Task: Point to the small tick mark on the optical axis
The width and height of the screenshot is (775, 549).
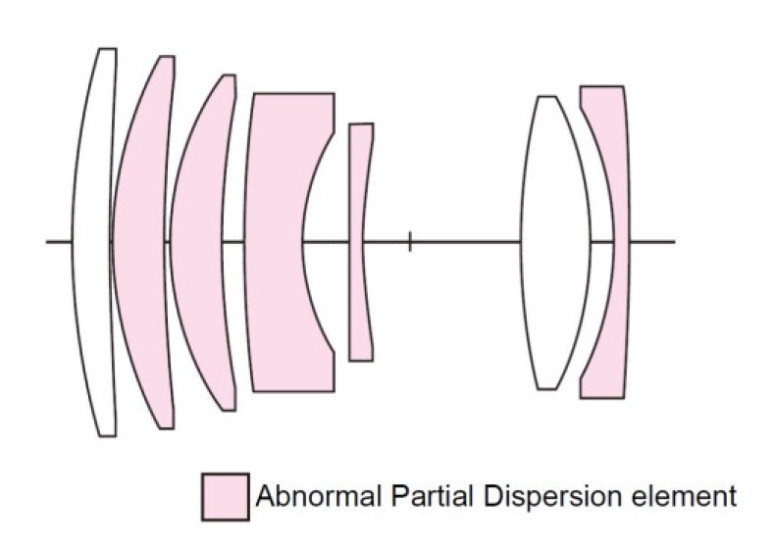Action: pyautogui.click(x=410, y=241)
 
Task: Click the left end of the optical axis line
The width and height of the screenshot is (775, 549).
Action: pyautogui.click(x=47, y=241)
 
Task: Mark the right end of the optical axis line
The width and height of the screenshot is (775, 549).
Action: pyautogui.click(x=674, y=241)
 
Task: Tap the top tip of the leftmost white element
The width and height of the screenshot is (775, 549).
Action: pyautogui.click(x=107, y=50)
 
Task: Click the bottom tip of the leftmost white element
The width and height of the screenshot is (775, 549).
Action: pyautogui.click(x=107, y=434)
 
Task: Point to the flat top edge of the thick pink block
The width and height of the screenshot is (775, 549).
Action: pyautogui.click(x=292, y=94)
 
